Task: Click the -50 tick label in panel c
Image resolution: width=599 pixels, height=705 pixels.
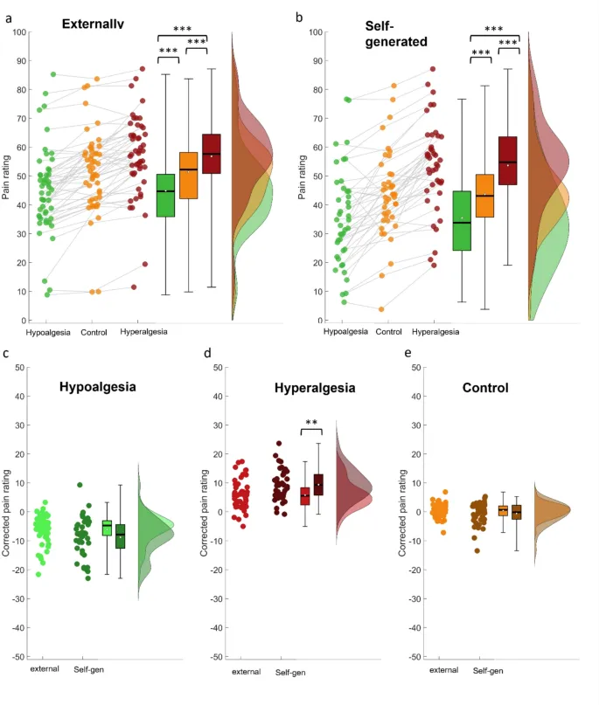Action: pos(16,656)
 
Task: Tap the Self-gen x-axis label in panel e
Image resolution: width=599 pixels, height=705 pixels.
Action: pos(488,671)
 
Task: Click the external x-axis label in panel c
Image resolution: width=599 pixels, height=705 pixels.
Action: pos(45,669)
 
